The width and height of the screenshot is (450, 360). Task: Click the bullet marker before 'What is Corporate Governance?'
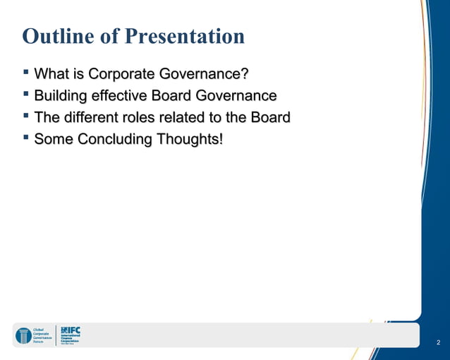click(x=26, y=72)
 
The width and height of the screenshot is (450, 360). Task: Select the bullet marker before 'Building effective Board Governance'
click(x=26, y=94)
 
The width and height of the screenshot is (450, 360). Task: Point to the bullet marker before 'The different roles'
click(x=26, y=116)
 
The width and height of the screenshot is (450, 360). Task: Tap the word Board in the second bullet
click(x=171, y=96)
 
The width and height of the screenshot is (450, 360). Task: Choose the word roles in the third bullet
click(x=149, y=118)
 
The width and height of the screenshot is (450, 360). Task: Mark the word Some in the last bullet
click(x=54, y=140)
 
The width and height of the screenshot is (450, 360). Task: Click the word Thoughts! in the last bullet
click(x=190, y=140)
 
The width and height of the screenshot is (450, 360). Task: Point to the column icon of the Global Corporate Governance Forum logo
click(x=23, y=335)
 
